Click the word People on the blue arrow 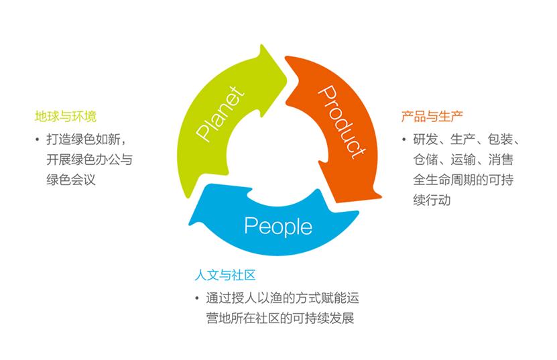277,226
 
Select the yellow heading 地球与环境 66,117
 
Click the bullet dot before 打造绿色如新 37,140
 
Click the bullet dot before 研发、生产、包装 404,140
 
